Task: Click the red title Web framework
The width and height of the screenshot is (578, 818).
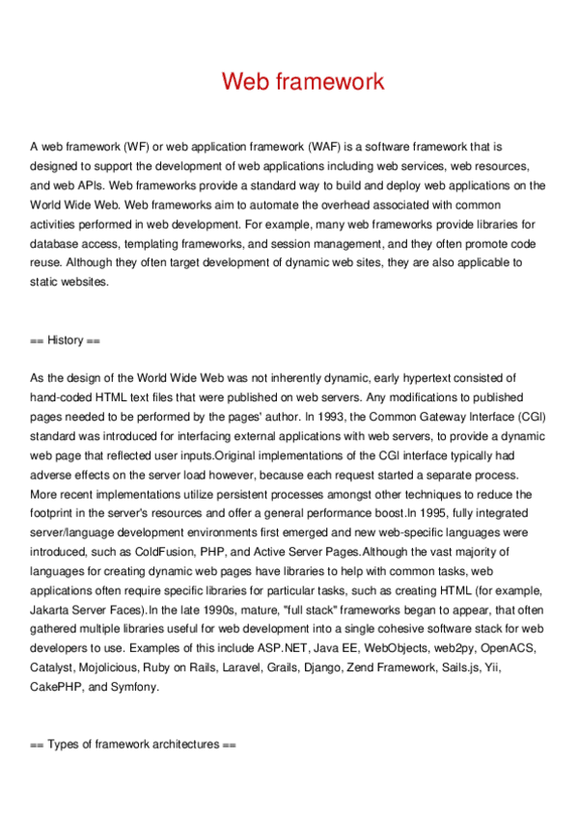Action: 303,81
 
